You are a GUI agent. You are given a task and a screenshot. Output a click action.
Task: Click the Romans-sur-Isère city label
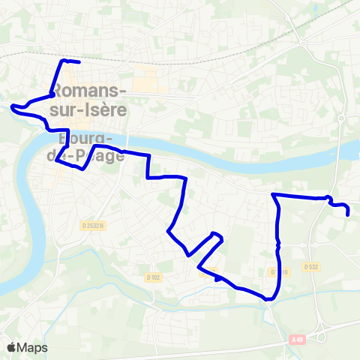pyautogui.click(x=89, y=98)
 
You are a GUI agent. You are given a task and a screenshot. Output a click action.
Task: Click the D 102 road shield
pyautogui.click(x=154, y=277)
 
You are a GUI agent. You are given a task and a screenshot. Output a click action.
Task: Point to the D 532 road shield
pyautogui.click(x=312, y=267)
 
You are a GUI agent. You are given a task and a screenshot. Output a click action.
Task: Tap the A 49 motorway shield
pyautogui.click(x=298, y=340)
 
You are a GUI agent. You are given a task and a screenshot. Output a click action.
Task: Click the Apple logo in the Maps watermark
pyautogui.click(x=11, y=348)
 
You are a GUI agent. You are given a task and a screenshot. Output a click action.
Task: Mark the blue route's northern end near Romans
pyautogui.click(x=78, y=61)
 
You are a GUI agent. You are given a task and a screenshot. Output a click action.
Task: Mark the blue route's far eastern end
pyautogui.click(x=349, y=214)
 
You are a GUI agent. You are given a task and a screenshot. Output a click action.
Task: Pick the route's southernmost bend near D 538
pyautogui.click(x=268, y=298)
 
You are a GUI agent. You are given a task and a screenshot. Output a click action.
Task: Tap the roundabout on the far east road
pyautogui.click(x=340, y=118)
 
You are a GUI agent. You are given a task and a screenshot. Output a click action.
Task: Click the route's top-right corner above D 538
pyautogui.click(x=273, y=195)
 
